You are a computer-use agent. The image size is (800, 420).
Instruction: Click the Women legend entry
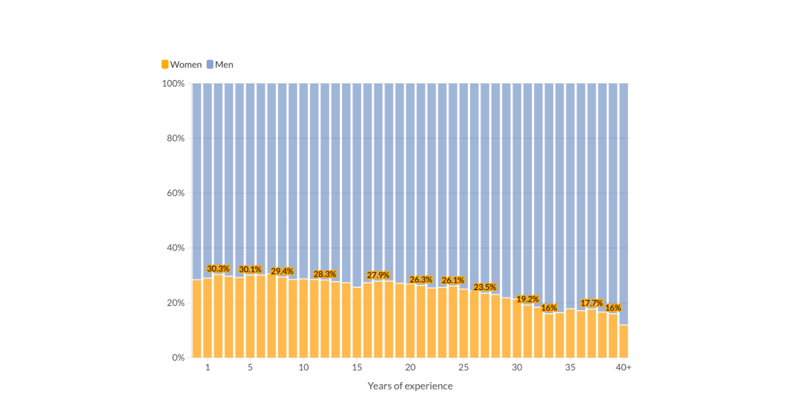point(181,65)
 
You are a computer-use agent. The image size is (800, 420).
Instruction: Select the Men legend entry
point(219,65)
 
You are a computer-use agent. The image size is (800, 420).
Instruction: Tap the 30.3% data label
point(218,269)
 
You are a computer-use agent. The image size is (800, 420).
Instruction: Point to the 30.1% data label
point(250,269)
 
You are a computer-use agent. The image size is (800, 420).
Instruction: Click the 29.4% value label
point(282,271)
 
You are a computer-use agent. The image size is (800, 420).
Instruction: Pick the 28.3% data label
point(325,274)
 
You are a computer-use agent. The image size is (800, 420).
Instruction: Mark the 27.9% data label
point(378,275)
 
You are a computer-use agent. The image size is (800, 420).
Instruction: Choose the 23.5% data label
point(485,287)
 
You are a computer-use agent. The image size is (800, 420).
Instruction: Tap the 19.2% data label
point(527,299)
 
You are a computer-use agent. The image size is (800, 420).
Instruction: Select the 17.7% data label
point(591,303)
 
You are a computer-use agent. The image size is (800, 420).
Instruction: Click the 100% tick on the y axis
point(173,83)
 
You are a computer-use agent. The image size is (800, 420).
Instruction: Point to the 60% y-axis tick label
point(175,193)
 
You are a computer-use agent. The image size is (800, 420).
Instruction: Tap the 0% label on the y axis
point(178,358)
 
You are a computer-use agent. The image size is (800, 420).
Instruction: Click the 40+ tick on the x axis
point(623,368)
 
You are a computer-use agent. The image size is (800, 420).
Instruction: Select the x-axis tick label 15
point(357,368)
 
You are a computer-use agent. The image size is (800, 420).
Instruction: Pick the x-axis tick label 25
point(463,368)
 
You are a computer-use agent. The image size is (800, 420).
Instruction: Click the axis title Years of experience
point(410,386)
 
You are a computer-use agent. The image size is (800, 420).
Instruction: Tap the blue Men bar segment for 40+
point(623,200)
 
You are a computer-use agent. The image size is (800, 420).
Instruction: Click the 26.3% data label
point(421,280)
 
